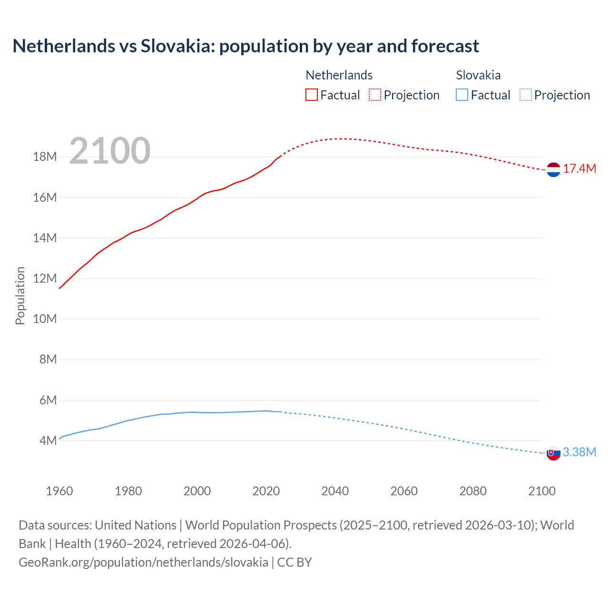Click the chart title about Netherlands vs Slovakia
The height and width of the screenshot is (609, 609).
coord(246,46)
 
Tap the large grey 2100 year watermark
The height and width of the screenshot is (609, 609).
coord(110,151)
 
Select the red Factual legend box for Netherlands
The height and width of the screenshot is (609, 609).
coord(311,95)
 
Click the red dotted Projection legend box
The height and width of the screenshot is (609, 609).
coord(375,95)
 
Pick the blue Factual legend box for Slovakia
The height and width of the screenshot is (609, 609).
coord(462,95)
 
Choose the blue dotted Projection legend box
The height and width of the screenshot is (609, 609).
coord(526,95)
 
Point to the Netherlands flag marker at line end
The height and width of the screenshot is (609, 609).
coord(553,169)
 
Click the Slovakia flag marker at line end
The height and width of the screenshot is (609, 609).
coord(553,453)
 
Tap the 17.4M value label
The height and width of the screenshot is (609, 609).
coord(580,169)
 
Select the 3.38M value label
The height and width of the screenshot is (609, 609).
coord(580,452)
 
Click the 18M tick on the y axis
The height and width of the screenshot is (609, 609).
coord(45,157)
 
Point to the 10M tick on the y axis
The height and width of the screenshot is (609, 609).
coord(45,319)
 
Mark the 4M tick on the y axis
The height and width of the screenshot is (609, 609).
coord(48,441)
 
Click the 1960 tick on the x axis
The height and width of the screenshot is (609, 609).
coord(59,491)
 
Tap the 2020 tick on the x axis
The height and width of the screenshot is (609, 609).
coord(266,491)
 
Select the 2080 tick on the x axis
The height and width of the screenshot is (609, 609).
coord(473,491)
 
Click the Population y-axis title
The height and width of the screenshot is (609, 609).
coord(20,295)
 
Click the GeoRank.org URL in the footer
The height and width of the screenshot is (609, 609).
coord(143,562)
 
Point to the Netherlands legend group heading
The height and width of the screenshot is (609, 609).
coord(339,75)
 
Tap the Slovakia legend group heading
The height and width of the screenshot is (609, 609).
coord(478,75)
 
